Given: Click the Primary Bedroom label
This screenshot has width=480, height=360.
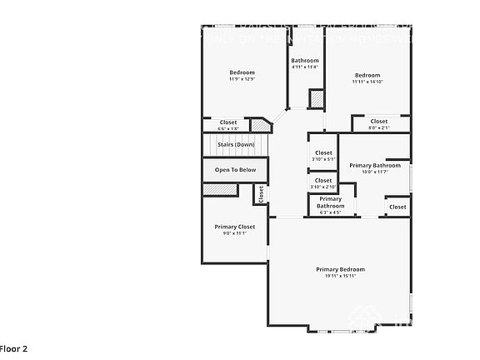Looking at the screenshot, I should [340, 269].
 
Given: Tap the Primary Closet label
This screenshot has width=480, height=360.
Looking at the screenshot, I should [234, 227].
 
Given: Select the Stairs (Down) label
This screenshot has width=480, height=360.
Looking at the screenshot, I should [236, 144].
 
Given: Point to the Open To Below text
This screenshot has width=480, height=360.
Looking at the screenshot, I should [236, 170].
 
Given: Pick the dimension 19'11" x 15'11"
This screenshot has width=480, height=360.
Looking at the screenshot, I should [340, 276].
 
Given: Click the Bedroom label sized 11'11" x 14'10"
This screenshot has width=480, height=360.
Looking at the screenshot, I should [367, 75].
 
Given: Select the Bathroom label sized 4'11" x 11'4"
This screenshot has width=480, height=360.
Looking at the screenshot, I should [304, 61].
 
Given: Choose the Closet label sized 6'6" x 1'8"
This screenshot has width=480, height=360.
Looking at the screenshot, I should [227, 122].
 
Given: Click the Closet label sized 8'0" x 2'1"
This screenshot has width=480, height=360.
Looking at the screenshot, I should [379, 122].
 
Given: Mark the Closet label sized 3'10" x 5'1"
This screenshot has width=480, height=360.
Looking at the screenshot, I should [323, 152].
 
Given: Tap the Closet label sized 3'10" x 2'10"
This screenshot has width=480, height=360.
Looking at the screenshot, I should [323, 180].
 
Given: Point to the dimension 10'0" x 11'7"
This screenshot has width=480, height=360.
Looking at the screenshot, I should [369, 172].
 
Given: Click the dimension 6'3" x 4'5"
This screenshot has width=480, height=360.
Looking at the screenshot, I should [330, 212].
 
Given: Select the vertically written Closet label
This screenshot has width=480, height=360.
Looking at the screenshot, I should [260, 194].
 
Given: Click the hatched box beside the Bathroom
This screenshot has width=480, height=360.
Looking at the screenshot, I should [316, 98].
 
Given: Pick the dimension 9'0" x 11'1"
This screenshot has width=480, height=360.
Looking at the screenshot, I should [234, 233].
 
